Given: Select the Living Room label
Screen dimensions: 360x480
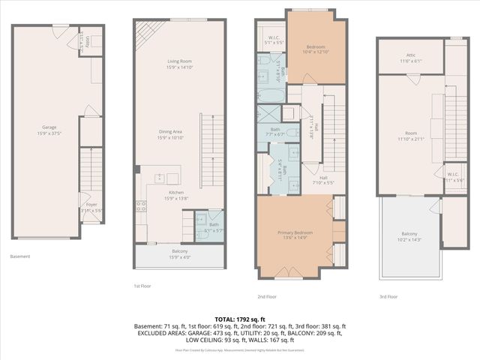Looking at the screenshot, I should [x=179, y=64].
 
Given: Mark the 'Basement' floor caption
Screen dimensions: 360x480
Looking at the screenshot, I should [x=20, y=256].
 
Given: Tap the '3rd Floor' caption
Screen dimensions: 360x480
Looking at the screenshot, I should [x=388, y=296].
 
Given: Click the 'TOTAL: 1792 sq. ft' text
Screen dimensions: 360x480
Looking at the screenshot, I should [x=240, y=319].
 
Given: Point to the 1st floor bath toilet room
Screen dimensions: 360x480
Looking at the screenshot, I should [x=203, y=223].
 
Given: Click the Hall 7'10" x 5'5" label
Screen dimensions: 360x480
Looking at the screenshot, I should [x=323, y=180].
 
